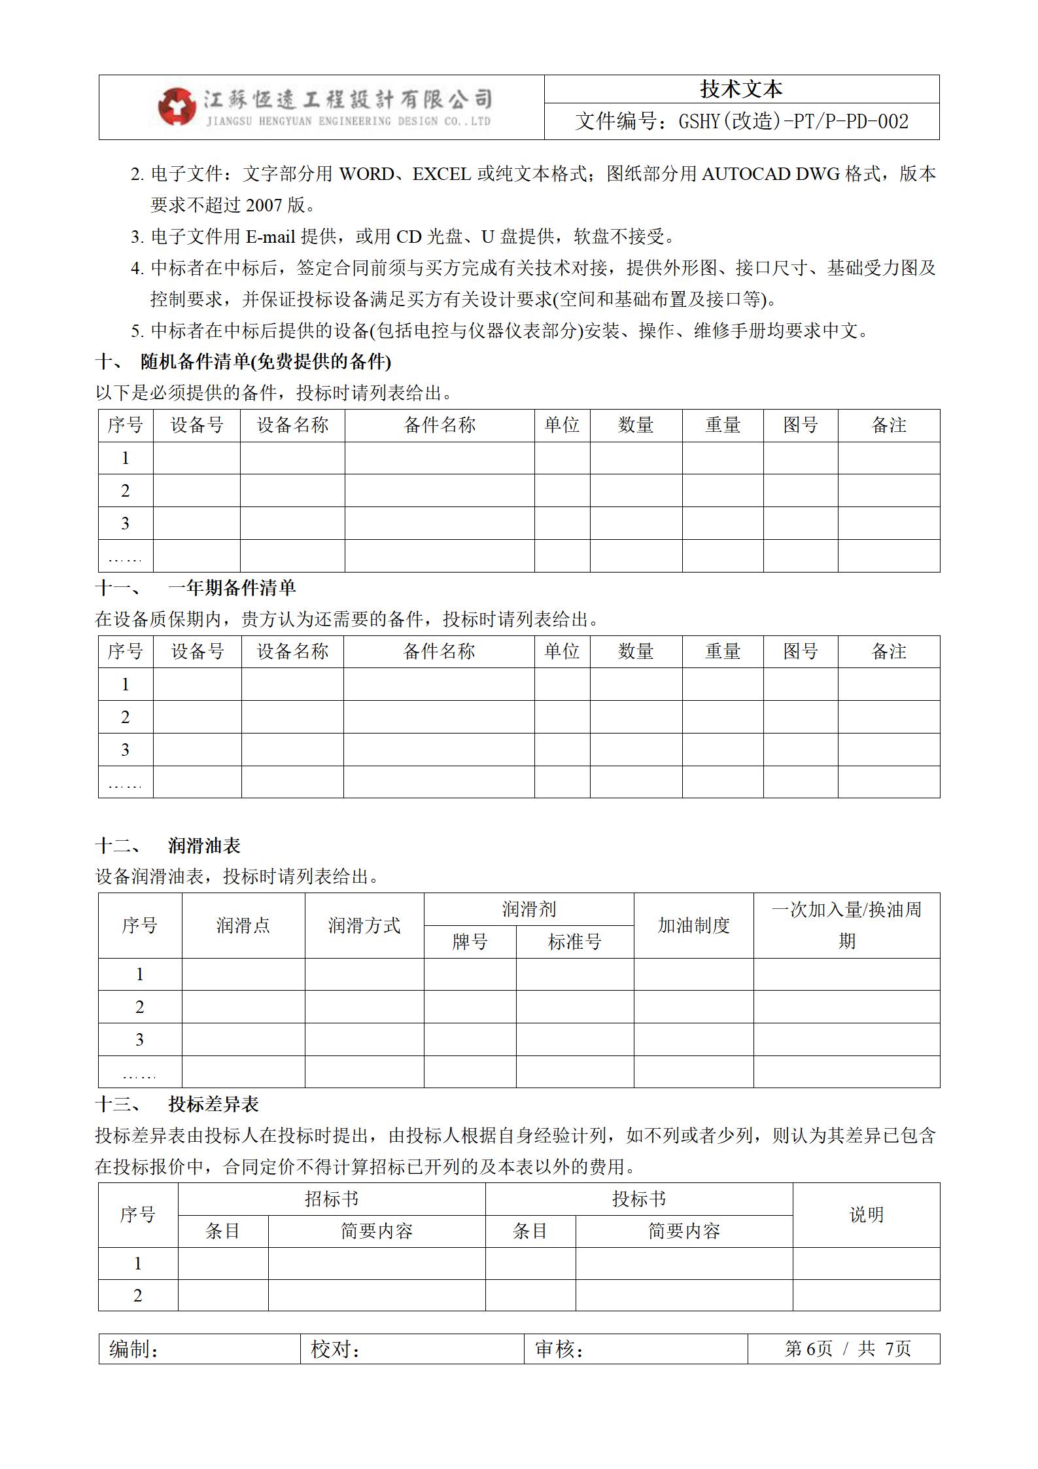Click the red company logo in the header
(x=177, y=107)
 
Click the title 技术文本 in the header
(x=741, y=89)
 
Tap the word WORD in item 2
(x=367, y=174)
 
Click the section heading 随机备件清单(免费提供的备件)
(x=266, y=361)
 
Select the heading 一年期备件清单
(x=232, y=588)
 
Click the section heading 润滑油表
(x=204, y=845)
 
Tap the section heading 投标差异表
(x=213, y=1104)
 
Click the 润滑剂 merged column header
(x=528, y=909)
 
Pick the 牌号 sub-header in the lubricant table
(x=470, y=942)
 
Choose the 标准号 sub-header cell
(x=574, y=942)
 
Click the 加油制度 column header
(x=693, y=925)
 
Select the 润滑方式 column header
(x=364, y=925)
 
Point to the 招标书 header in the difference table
(x=332, y=1199)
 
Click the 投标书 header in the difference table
(x=638, y=1199)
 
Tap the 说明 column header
(x=866, y=1214)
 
